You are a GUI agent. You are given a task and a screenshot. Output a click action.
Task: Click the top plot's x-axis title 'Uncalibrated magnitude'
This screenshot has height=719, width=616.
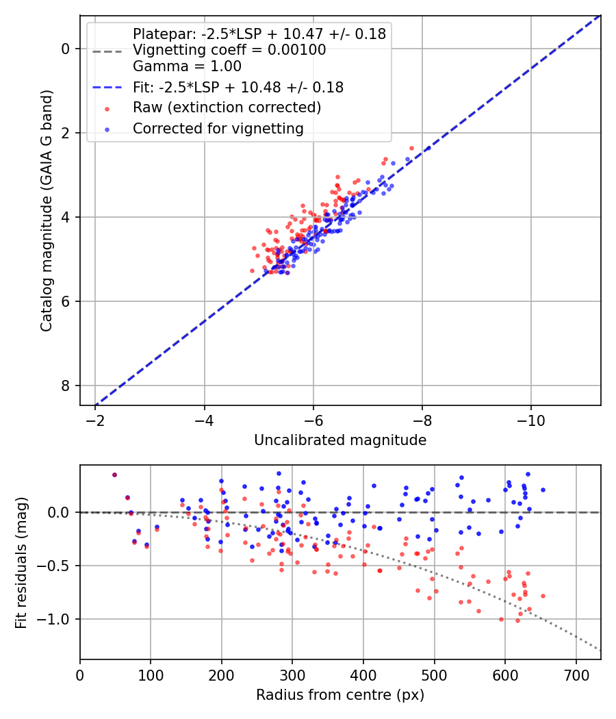(x=340, y=440)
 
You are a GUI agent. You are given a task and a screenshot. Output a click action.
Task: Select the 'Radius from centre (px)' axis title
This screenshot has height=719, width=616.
(x=340, y=695)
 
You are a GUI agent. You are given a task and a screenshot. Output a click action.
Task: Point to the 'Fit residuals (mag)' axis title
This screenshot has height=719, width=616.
(x=21, y=563)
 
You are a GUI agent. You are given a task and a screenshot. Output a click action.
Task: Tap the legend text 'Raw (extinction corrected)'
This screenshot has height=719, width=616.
(x=227, y=108)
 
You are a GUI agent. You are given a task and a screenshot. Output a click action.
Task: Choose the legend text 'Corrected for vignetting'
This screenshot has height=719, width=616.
(x=218, y=128)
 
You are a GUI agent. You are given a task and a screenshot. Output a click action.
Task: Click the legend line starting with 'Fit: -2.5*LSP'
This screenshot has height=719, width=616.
(x=238, y=87)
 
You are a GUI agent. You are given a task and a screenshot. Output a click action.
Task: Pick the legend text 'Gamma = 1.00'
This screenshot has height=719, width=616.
(x=187, y=66)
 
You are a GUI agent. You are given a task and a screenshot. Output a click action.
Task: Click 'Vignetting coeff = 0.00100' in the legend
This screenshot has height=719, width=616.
(x=229, y=50)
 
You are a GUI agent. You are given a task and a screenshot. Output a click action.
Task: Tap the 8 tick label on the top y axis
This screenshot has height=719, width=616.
(x=66, y=386)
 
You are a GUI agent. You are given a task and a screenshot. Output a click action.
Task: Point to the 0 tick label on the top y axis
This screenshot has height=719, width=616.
(x=66, y=49)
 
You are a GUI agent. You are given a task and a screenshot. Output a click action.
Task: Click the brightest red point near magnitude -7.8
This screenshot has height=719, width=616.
(x=411, y=148)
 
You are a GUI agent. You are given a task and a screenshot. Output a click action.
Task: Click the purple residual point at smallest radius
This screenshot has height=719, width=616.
(x=114, y=475)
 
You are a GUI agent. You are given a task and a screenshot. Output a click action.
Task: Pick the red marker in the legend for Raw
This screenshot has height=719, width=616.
(x=107, y=108)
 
